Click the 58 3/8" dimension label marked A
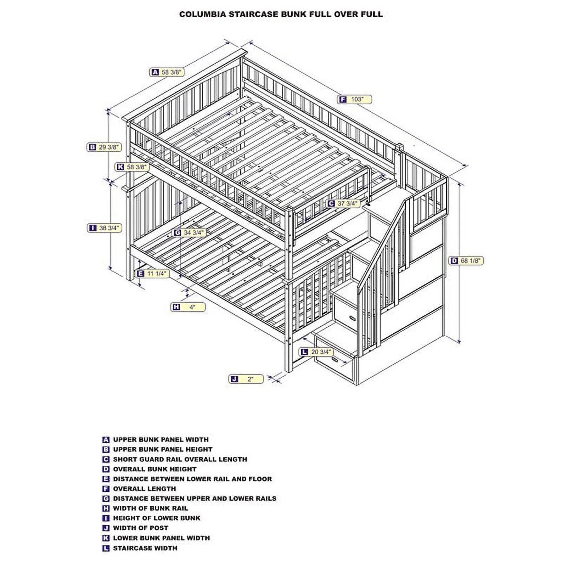[167, 72]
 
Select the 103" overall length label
[355, 99]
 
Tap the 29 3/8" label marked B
[104, 147]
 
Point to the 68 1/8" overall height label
[466, 261]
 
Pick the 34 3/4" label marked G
[189, 233]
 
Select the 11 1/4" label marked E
[153, 274]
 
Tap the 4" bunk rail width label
[188, 307]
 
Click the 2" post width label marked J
[246, 379]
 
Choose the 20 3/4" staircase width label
[316, 352]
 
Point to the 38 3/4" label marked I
[104, 228]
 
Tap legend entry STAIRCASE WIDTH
[145, 548]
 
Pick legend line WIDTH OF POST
[140, 528]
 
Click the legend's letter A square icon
[106, 440]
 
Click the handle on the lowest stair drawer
[334, 360]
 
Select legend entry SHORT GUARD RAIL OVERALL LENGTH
[180, 459]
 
